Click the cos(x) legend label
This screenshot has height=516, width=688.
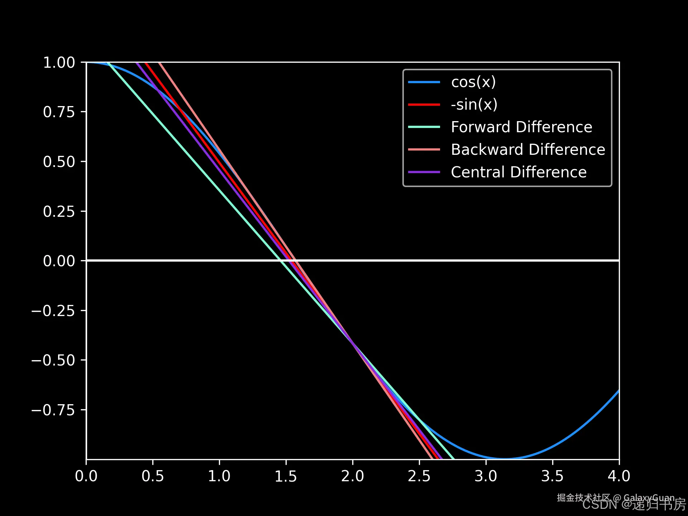(x=473, y=82)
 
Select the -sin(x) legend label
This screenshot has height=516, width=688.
(x=474, y=105)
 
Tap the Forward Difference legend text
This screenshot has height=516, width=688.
(x=521, y=127)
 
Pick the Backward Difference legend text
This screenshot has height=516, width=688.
(x=528, y=150)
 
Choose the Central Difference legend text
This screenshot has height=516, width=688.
(x=519, y=172)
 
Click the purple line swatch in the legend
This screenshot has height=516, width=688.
(x=424, y=172)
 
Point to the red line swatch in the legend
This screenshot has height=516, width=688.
(x=424, y=105)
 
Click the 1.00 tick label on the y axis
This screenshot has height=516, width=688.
(x=59, y=63)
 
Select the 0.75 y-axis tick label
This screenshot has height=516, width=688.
(x=59, y=112)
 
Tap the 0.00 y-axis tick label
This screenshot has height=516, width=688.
(x=59, y=261)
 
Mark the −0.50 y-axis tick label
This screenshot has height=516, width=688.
(x=53, y=360)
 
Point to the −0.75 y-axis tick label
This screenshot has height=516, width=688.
(x=53, y=410)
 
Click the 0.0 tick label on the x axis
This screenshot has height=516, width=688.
(x=86, y=476)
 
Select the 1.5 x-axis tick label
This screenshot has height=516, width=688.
(x=286, y=476)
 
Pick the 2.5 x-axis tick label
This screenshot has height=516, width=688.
(x=419, y=476)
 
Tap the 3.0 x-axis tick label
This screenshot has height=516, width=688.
(x=486, y=476)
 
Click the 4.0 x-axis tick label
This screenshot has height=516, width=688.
(x=619, y=476)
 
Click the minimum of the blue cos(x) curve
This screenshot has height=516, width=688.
(x=505, y=458)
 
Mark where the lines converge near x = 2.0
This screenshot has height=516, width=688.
(x=353, y=343)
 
